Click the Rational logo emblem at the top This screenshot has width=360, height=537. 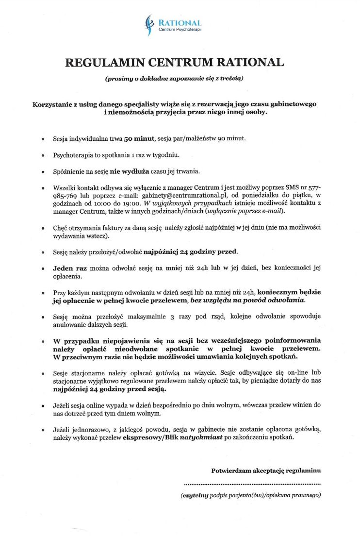click(x=150, y=25)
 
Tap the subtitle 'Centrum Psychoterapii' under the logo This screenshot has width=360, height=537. click(x=180, y=31)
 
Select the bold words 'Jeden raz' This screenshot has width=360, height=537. click(x=70, y=268)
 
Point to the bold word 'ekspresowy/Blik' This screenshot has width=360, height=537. click(x=150, y=437)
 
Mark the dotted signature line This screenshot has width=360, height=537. click(x=252, y=484)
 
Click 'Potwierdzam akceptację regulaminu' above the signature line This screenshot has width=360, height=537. click(x=266, y=470)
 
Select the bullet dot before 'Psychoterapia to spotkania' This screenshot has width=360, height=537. click(x=43, y=155)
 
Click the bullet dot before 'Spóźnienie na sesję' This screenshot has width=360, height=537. click(x=43, y=172)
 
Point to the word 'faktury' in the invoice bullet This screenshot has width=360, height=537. click(x=110, y=228)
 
